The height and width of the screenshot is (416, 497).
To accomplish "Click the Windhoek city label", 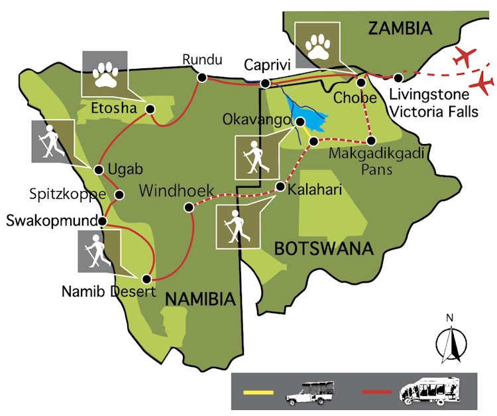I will (x=176, y=191).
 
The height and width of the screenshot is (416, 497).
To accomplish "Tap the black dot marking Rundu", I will (x=201, y=78).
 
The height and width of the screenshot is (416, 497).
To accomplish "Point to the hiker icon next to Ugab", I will (x=50, y=142).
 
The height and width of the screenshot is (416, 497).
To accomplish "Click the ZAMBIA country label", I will (x=400, y=29).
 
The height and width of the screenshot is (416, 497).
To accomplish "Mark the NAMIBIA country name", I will (x=200, y=299).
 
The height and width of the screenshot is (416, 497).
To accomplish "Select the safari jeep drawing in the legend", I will (x=309, y=393).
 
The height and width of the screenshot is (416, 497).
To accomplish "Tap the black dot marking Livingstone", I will (x=398, y=78).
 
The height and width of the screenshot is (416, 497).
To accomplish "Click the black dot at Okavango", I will (x=300, y=122).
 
